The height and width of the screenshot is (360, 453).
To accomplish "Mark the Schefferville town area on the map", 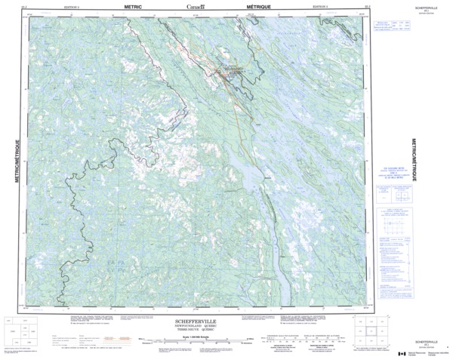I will tap(226, 72).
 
